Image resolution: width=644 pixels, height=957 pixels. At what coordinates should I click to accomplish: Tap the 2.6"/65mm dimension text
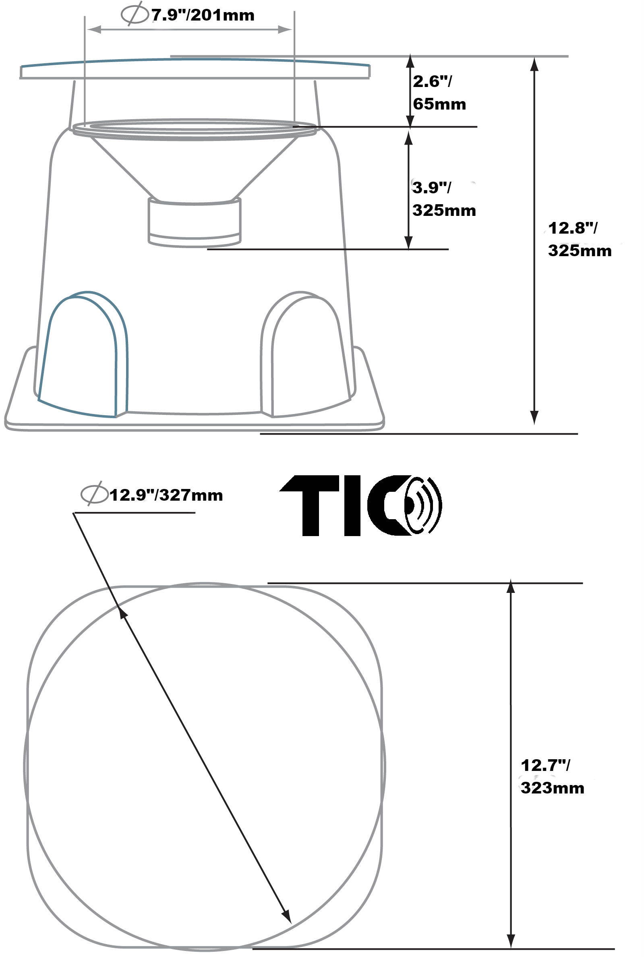pyautogui.click(x=439, y=93)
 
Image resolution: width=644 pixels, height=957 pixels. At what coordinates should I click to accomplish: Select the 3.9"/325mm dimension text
pyautogui.click(x=443, y=199)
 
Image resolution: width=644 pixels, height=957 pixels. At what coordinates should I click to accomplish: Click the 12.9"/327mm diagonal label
pyautogui.click(x=166, y=495)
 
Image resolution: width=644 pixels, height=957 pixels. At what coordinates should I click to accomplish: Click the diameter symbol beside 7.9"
pyautogui.click(x=134, y=15)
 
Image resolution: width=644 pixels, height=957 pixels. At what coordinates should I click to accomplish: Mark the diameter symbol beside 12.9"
pyautogui.click(x=93, y=495)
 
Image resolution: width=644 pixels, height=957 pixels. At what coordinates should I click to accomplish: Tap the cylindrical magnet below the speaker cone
pyautogui.click(x=194, y=222)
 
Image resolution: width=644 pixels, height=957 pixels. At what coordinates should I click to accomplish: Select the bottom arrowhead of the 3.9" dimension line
pyautogui.click(x=408, y=242)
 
